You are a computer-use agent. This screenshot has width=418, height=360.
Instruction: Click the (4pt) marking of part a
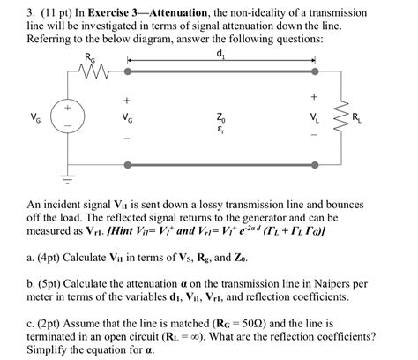tap(36, 255)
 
